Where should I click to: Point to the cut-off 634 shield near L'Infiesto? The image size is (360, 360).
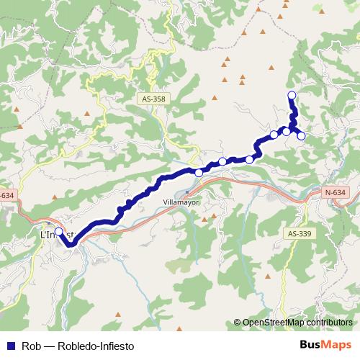point(6,195)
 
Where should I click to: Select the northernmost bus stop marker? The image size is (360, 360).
point(292,96)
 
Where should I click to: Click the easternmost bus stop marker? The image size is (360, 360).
point(302,136)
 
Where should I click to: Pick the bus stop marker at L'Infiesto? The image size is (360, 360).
point(59,232)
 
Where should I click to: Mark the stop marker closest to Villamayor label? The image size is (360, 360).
point(199,173)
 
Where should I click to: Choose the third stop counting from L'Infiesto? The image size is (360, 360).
point(223,161)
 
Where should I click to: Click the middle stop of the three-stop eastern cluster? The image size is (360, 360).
point(287,131)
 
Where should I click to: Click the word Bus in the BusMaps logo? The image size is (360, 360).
point(311,344)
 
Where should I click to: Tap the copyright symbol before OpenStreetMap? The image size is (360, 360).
point(238,323)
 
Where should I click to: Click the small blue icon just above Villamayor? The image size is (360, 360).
point(186,192)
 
